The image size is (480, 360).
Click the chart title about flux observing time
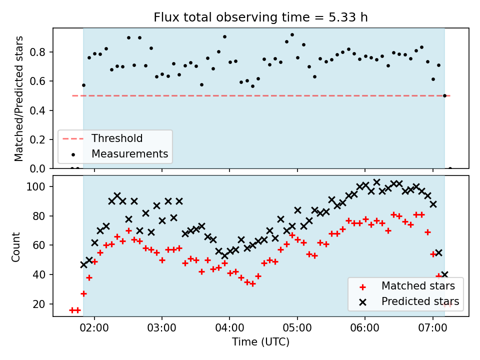(x=260, y=17)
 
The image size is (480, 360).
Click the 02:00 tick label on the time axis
(x=94, y=328)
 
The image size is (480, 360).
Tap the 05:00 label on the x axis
(x=297, y=328)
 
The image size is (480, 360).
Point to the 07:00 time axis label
(x=432, y=328)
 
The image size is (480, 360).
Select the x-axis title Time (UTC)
(x=260, y=341)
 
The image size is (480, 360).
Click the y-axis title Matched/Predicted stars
(x=19, y=98)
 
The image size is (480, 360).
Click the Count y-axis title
(x=15, y=247)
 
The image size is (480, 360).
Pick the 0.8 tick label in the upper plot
(x=37, y=52)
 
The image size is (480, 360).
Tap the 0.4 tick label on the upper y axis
(x=37, y=110)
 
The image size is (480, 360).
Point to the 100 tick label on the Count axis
(x=35, y=186)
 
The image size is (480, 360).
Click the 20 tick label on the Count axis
(x=39, y=304)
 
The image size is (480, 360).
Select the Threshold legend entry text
(x=117, y=138)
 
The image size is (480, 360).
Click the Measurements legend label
(x=130, y=153)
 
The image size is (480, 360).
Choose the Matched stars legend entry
(x=418, y=286)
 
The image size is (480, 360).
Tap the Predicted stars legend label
(x=420, y=301)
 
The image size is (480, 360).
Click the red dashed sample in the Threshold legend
(x=73, y=139)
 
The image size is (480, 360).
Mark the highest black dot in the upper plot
(x=292, y=35)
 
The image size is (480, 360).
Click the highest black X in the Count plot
(x=377, y=182)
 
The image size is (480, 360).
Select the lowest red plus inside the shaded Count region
(x=83, y=294)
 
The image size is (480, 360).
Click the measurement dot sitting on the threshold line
(x=445, y=96)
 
